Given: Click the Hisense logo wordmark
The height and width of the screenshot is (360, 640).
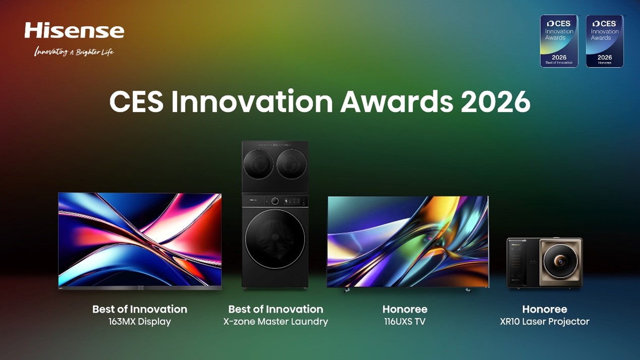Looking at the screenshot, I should tap(74, 30).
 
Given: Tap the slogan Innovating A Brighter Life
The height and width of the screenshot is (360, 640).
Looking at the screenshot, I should tap(74, 51).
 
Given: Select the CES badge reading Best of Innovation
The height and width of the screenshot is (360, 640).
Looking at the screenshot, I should tap(559, 41).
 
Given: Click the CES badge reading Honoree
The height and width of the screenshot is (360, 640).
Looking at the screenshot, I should tap(604, 41).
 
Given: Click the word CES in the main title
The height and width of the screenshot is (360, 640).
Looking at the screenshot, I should tap(136, 102).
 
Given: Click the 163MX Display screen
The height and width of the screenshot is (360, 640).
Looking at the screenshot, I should tap(140, 239).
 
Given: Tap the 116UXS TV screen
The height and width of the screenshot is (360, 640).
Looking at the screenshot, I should tap(408, 241).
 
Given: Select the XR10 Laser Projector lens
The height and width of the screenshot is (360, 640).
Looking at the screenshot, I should tap(560, 261).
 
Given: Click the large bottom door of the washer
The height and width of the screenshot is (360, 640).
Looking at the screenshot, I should tap(275, 239).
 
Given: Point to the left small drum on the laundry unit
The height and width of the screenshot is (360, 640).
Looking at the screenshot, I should tap(258, 164).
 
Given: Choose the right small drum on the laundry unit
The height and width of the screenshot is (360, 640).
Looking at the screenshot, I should tap(292, 164).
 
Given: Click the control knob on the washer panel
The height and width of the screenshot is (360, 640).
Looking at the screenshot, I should tap(275, 201).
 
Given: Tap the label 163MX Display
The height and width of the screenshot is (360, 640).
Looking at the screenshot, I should tap(140, 322).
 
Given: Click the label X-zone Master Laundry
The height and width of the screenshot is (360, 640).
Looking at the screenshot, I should tap(275, 322).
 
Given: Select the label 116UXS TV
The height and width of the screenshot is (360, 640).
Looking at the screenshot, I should tap(404, 322).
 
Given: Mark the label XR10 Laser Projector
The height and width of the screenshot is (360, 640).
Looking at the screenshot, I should tap(544, 322).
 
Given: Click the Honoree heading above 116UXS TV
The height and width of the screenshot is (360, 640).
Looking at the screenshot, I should tap(404, 309).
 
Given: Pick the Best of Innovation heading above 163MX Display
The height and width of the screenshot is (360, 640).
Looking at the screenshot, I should tap(140, 309).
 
